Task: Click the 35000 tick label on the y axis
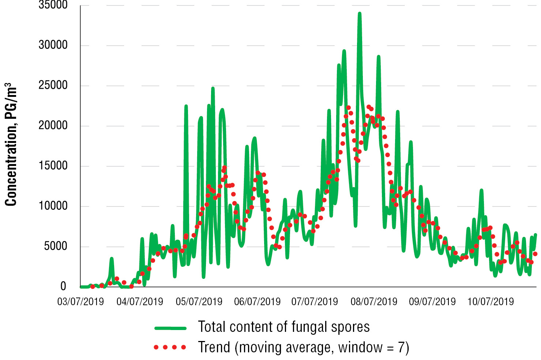coord(53,5)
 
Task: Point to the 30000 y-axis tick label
coord(53,45)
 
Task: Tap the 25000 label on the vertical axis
coord(53,86)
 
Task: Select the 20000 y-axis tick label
coord(53,126)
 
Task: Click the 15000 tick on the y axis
coord(53,166)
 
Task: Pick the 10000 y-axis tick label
coord(53,206)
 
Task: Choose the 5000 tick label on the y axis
coord(56,246)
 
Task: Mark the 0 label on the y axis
coord(63,287)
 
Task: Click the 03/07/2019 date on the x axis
coord(80,302)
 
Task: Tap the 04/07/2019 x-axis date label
coord(140,302)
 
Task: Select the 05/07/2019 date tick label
coord(199,302)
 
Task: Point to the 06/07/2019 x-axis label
coord(257,302)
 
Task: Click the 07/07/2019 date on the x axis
coord(315,302)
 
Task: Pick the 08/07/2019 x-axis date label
coord(374,302)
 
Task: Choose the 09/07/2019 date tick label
coord(432,302)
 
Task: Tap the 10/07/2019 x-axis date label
coord(491,302)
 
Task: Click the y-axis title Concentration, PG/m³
coord(11,144)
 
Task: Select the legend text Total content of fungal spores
coord(284,327)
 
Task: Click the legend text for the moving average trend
coord(304,347)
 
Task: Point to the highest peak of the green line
coord(360,14)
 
